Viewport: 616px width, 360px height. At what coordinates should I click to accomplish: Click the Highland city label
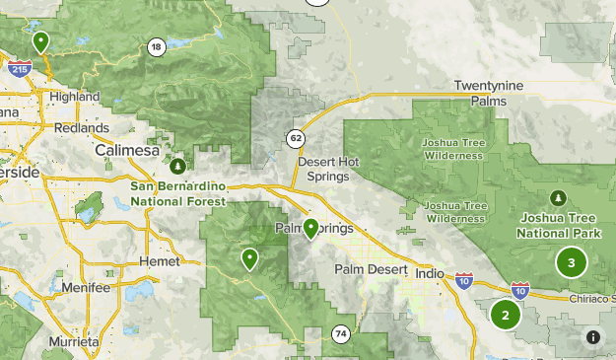click(x=75, y=97)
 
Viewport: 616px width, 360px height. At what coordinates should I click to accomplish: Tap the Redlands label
click(x=83, y=128)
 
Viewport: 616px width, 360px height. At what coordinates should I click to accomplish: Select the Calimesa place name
click(x=127, y=150)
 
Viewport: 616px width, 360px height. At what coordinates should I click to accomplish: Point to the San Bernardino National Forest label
click(x=178, y=193)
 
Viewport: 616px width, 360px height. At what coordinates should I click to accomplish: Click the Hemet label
click(x=162, y=261)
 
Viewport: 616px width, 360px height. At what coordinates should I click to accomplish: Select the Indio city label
click(x=431, y=273)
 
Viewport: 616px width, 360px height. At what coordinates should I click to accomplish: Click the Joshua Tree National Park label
click(x=559, y=226)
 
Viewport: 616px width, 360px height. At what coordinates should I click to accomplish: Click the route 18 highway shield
click(x=157, y=47)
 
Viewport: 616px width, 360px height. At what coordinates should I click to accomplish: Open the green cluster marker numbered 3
click(x=571, y=262)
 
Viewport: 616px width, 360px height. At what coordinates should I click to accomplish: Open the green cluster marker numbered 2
click(x=506, y=315)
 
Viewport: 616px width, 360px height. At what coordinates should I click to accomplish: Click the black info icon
click(x=593, y=337)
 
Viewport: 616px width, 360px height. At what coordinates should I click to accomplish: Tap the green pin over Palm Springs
click(x=310, y=229)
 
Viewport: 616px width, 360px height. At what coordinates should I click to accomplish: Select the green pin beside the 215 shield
click(x=40, y=41)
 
